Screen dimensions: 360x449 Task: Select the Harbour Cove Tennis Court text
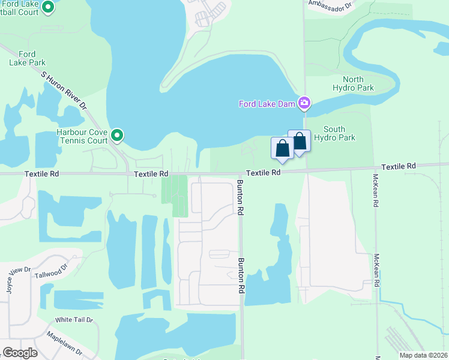click(82, 136)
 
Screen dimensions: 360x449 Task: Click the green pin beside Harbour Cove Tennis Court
click(118, 136)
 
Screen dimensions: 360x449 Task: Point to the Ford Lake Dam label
click(267, 104)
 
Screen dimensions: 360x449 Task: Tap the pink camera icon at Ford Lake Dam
click(304, 103)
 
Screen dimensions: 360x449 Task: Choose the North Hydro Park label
click(358, 83)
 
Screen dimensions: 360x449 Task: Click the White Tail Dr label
click(74, 320)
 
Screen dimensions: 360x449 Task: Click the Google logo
click(20, 353)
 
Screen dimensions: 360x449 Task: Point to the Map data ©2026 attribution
click(422, 355)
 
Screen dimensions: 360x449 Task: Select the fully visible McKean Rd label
click(375, 191)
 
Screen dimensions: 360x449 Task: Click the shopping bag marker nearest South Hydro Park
click(299, 142)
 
